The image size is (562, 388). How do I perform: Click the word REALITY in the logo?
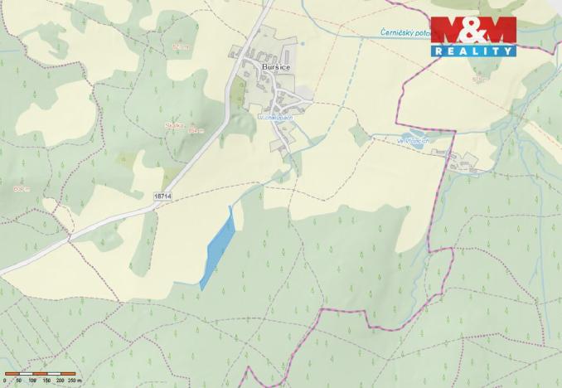[x=472, y=51]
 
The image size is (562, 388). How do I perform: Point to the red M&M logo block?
[x=472, y=32]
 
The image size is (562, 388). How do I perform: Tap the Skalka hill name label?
[x=174, y=125]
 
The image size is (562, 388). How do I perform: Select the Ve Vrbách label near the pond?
[x=411, y=141]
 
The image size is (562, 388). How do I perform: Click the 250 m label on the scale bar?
[x=75, y=380]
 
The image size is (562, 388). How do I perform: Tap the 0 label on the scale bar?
[x=5, y=380]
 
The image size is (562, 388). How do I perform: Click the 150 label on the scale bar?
[x=46, y=380]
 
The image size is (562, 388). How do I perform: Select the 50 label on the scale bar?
[x=18, y=380]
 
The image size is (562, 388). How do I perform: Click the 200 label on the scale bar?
[x=60, y=380]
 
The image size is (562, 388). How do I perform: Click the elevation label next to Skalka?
[x=196, y=130]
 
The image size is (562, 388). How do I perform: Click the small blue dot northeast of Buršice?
[x=303, y=43]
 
